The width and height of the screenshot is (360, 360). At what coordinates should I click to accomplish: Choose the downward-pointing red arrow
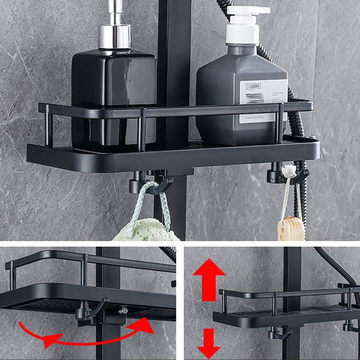coord(209,344)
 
